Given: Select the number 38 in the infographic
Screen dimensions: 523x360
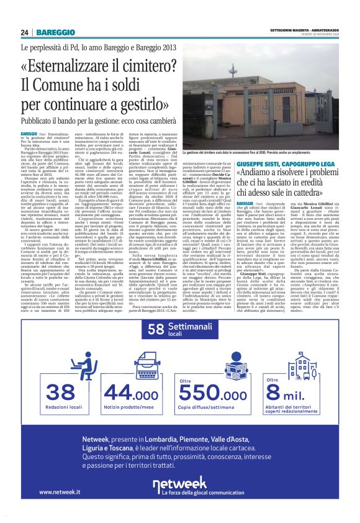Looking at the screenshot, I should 60,392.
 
